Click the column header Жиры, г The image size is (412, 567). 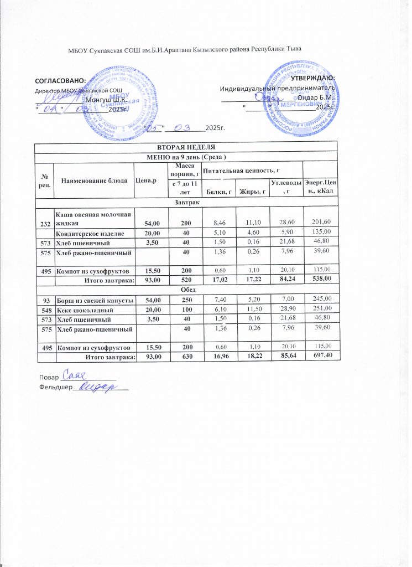pos(252,192)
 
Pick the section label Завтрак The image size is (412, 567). pos(185,202)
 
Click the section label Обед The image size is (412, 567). pos(185,289)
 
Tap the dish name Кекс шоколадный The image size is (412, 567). pos(84,310)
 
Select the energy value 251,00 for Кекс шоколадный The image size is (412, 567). pos(321,310)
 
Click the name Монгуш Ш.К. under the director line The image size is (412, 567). pos(105,100)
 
